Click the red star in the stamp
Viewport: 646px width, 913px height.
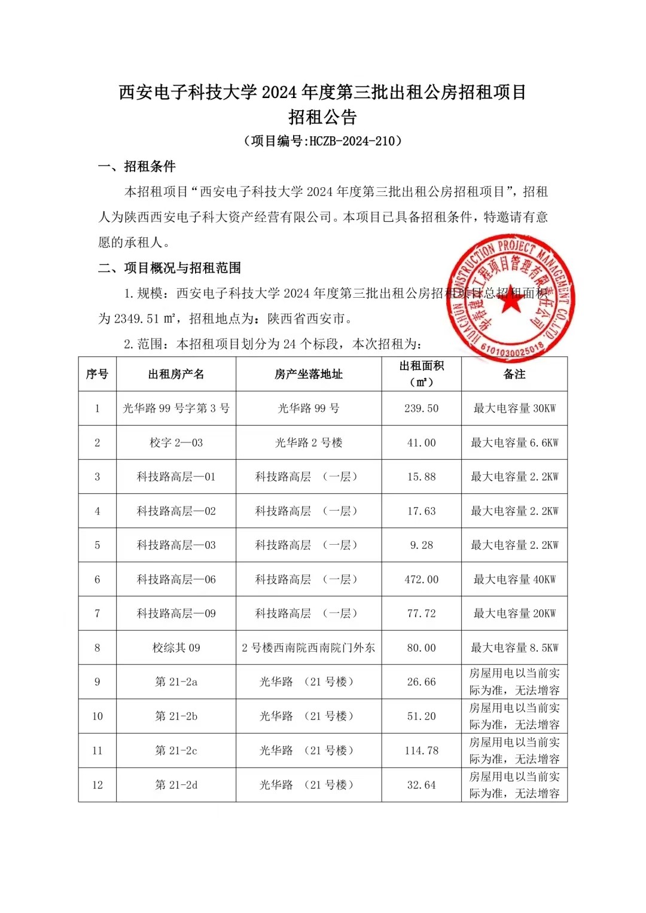[511, 301]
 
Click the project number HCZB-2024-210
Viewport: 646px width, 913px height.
[352, 141]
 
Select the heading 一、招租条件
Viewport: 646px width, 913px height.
[137, 166]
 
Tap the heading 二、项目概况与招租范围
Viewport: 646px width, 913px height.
[170, 268]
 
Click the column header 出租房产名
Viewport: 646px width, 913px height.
[176, 374]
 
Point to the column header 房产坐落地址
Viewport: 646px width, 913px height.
[309, 374]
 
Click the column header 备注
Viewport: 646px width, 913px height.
[514, 374]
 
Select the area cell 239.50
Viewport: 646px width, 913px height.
[421, 408]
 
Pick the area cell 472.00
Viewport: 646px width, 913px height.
[421, 579]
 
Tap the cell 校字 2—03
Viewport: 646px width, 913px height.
[176, 443]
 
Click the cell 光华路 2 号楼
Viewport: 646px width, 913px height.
[309, 443]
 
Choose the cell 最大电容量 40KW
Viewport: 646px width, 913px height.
[514, 579]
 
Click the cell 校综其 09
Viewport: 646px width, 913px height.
[176, 648]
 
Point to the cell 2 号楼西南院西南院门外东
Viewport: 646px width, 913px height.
[309, 648]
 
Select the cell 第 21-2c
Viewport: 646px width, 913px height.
[176, 751]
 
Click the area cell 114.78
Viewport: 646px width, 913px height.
[421, 751]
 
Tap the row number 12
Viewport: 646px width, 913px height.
[97, 785]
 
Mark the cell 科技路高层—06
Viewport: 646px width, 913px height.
[176, 579]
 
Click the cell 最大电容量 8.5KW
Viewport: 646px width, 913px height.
[514, 648]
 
